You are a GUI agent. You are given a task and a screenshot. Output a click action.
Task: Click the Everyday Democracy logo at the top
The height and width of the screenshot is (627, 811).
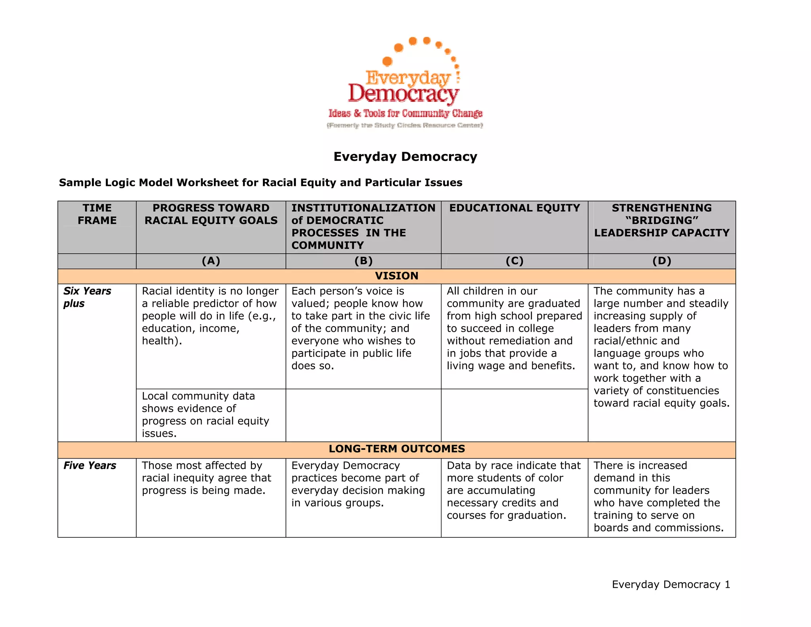point(405,83)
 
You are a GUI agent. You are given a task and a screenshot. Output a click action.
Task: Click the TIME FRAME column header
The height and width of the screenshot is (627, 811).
point(97,214)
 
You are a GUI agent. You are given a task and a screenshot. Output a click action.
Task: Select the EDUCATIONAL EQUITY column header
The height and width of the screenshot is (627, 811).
point(514,208)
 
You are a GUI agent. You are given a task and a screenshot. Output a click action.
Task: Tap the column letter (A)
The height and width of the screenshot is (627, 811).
point(211,261)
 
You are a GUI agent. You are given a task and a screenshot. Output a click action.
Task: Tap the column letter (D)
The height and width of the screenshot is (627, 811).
point(662,261)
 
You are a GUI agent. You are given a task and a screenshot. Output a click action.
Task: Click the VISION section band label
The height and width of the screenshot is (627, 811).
point(396,276)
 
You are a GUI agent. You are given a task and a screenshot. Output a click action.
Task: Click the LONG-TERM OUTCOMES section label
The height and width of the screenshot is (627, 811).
point(396,449)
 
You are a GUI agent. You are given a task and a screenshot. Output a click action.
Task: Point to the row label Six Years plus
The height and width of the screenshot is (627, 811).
point(87,297)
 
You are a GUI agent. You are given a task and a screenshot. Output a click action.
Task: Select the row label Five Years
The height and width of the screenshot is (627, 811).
point(90,465)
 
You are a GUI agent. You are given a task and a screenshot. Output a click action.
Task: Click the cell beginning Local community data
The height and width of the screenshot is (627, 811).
point(205,415)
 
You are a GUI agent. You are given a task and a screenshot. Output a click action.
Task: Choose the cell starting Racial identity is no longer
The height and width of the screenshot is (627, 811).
point(210,316)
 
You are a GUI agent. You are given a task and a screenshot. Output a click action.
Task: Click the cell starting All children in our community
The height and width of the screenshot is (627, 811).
point(514,328)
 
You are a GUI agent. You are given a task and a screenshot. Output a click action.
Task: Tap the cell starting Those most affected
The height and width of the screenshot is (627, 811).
point(206,478)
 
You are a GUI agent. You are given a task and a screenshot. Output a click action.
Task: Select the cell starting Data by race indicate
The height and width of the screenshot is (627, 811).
point(513,490)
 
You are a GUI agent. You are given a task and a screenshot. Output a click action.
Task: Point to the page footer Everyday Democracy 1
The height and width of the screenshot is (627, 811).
point(671,585)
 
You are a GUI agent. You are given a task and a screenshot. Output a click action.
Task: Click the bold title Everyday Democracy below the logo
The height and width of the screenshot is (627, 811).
point(405,157)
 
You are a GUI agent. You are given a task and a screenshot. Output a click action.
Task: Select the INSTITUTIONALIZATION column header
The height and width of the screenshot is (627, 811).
point(363,226)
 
